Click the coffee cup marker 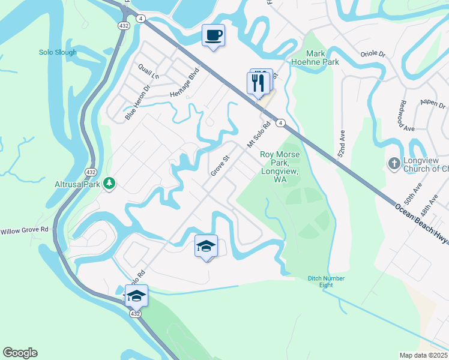point(212,35)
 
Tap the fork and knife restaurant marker point(258,83)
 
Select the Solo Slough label point(58,52)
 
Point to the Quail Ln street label point(148,71)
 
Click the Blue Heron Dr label point(137,106)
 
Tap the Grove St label point(220,166)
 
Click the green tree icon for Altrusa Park point(109,182)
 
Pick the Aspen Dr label point(432,102)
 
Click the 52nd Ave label point(342,146)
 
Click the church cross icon point(394,163)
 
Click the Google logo point(20,353)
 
